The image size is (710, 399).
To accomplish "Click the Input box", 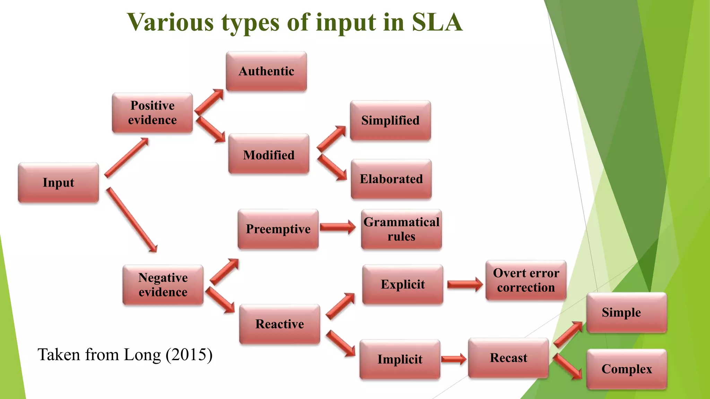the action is coord(58,183).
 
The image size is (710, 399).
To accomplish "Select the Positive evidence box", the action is coord(152,113).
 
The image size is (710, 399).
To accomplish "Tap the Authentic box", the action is coord(266,71).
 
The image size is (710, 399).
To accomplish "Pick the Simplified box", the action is coord(390,121).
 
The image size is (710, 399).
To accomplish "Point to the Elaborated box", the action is coord(391,179).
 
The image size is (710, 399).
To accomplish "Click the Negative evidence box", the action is coord(163,285).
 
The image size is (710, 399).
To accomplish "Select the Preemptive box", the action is coord(278,229).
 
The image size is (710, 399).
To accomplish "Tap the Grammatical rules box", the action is coord(401,229).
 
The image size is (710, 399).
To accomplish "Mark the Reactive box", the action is coord(279,324).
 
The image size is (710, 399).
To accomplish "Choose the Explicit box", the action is coord(402,284).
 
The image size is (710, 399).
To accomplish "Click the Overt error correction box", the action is coord(526,280).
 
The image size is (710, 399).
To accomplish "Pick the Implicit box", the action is coord(400,360).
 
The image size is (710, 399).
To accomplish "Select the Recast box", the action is coord(508,358).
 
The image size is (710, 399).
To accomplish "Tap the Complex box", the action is coord(626,369).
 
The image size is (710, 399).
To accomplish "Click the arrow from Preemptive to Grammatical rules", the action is coord(337,227).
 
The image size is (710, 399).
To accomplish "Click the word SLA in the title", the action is coord(437,23).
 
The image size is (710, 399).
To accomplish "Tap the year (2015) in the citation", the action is coord(189,355).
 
